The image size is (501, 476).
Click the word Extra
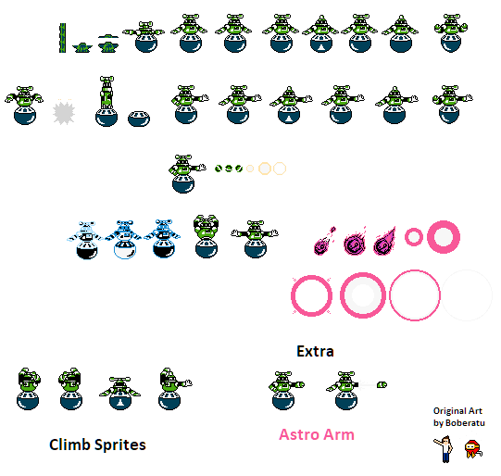click(316, 351)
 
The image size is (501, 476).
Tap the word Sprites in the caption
click(120, 445)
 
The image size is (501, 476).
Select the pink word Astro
click(299, 434)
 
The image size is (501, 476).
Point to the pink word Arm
click(339, 434)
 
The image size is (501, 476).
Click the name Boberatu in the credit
click(465, 423)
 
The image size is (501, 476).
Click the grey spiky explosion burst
click(64, 113)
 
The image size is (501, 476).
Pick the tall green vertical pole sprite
click(63, 38)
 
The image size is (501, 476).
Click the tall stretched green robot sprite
click(106, 101)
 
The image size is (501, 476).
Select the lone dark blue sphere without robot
click(139, 119)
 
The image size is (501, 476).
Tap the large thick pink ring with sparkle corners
click(292, 295)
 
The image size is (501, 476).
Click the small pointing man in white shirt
click(444, 449)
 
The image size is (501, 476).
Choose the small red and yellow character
click(473, 449)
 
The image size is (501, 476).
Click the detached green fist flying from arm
click(382, 384)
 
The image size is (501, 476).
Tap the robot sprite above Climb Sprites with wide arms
click(119, 393)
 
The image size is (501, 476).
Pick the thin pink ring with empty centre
click(390, 295)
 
